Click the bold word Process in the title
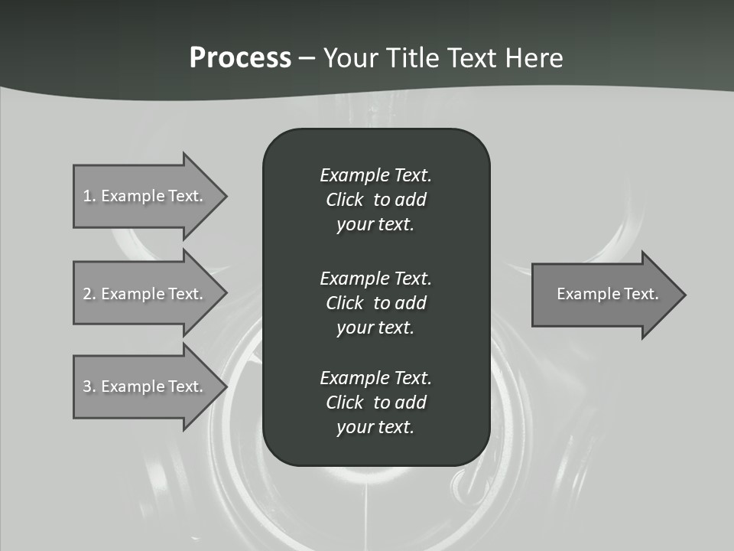tap(240, 58)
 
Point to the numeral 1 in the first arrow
tap(87, 196)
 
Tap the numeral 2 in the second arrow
tap(87, 294)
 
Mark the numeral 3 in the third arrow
tap(87, 386)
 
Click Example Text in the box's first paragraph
tap(375, 175)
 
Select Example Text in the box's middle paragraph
tap(375, 278)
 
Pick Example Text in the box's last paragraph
tap(375, 378)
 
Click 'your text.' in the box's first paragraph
tap(375, 225)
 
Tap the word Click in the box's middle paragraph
tap(344, 303)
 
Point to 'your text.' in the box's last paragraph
tap(375, 428)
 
